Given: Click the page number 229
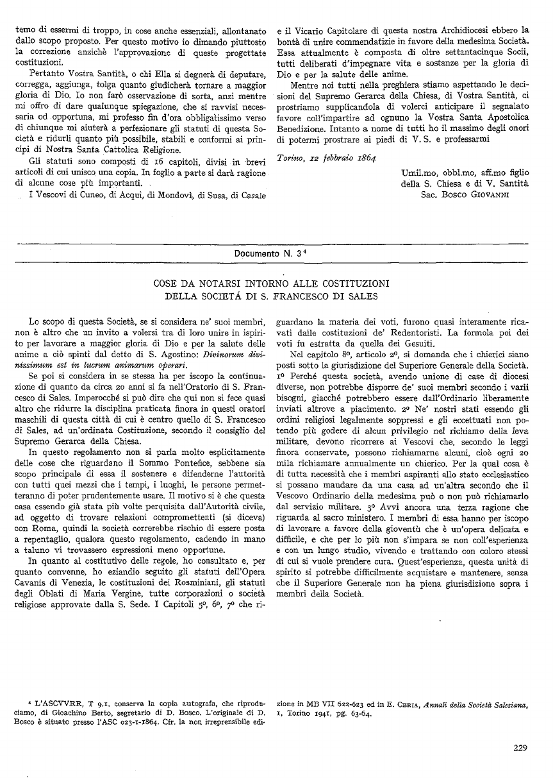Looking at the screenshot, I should point(520,746).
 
